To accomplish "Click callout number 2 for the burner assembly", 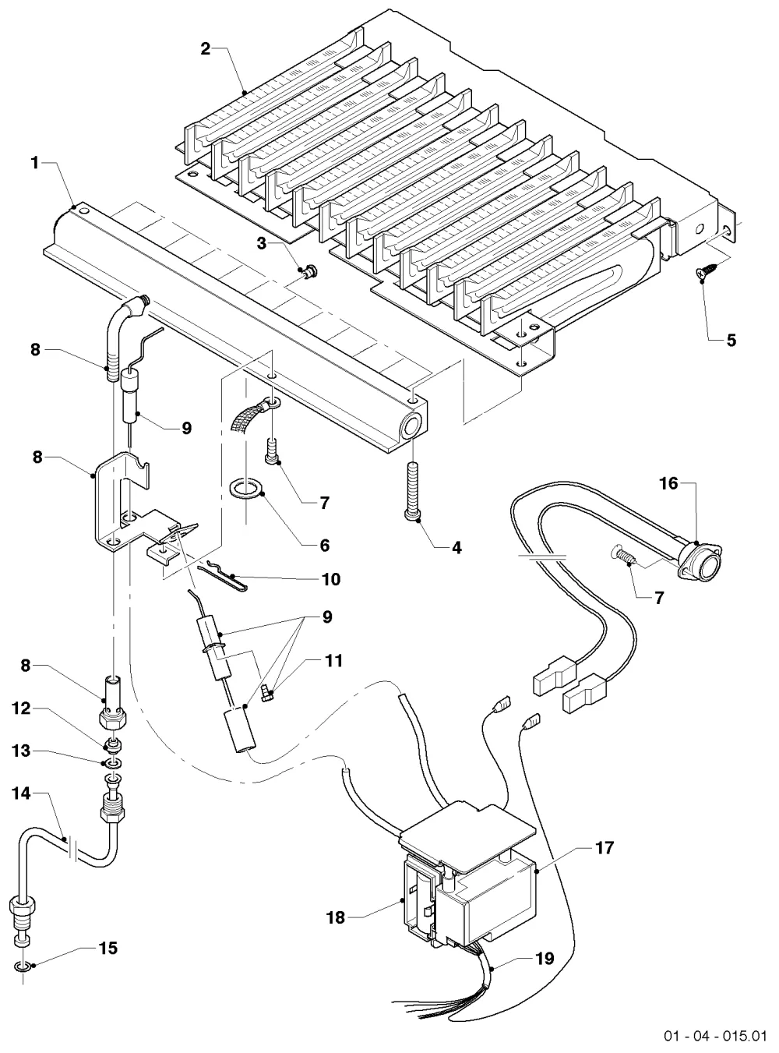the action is click(205, 48).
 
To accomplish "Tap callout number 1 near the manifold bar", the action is click(34, 164).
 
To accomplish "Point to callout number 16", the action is click(669, 484).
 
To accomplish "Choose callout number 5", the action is click(731, 341).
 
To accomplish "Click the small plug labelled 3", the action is click(309, 272).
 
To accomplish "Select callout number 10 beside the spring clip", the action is click(331, 579).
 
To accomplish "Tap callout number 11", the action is click(333, 660).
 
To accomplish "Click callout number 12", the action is click(21, 708).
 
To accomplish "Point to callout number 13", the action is click(21, 751).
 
